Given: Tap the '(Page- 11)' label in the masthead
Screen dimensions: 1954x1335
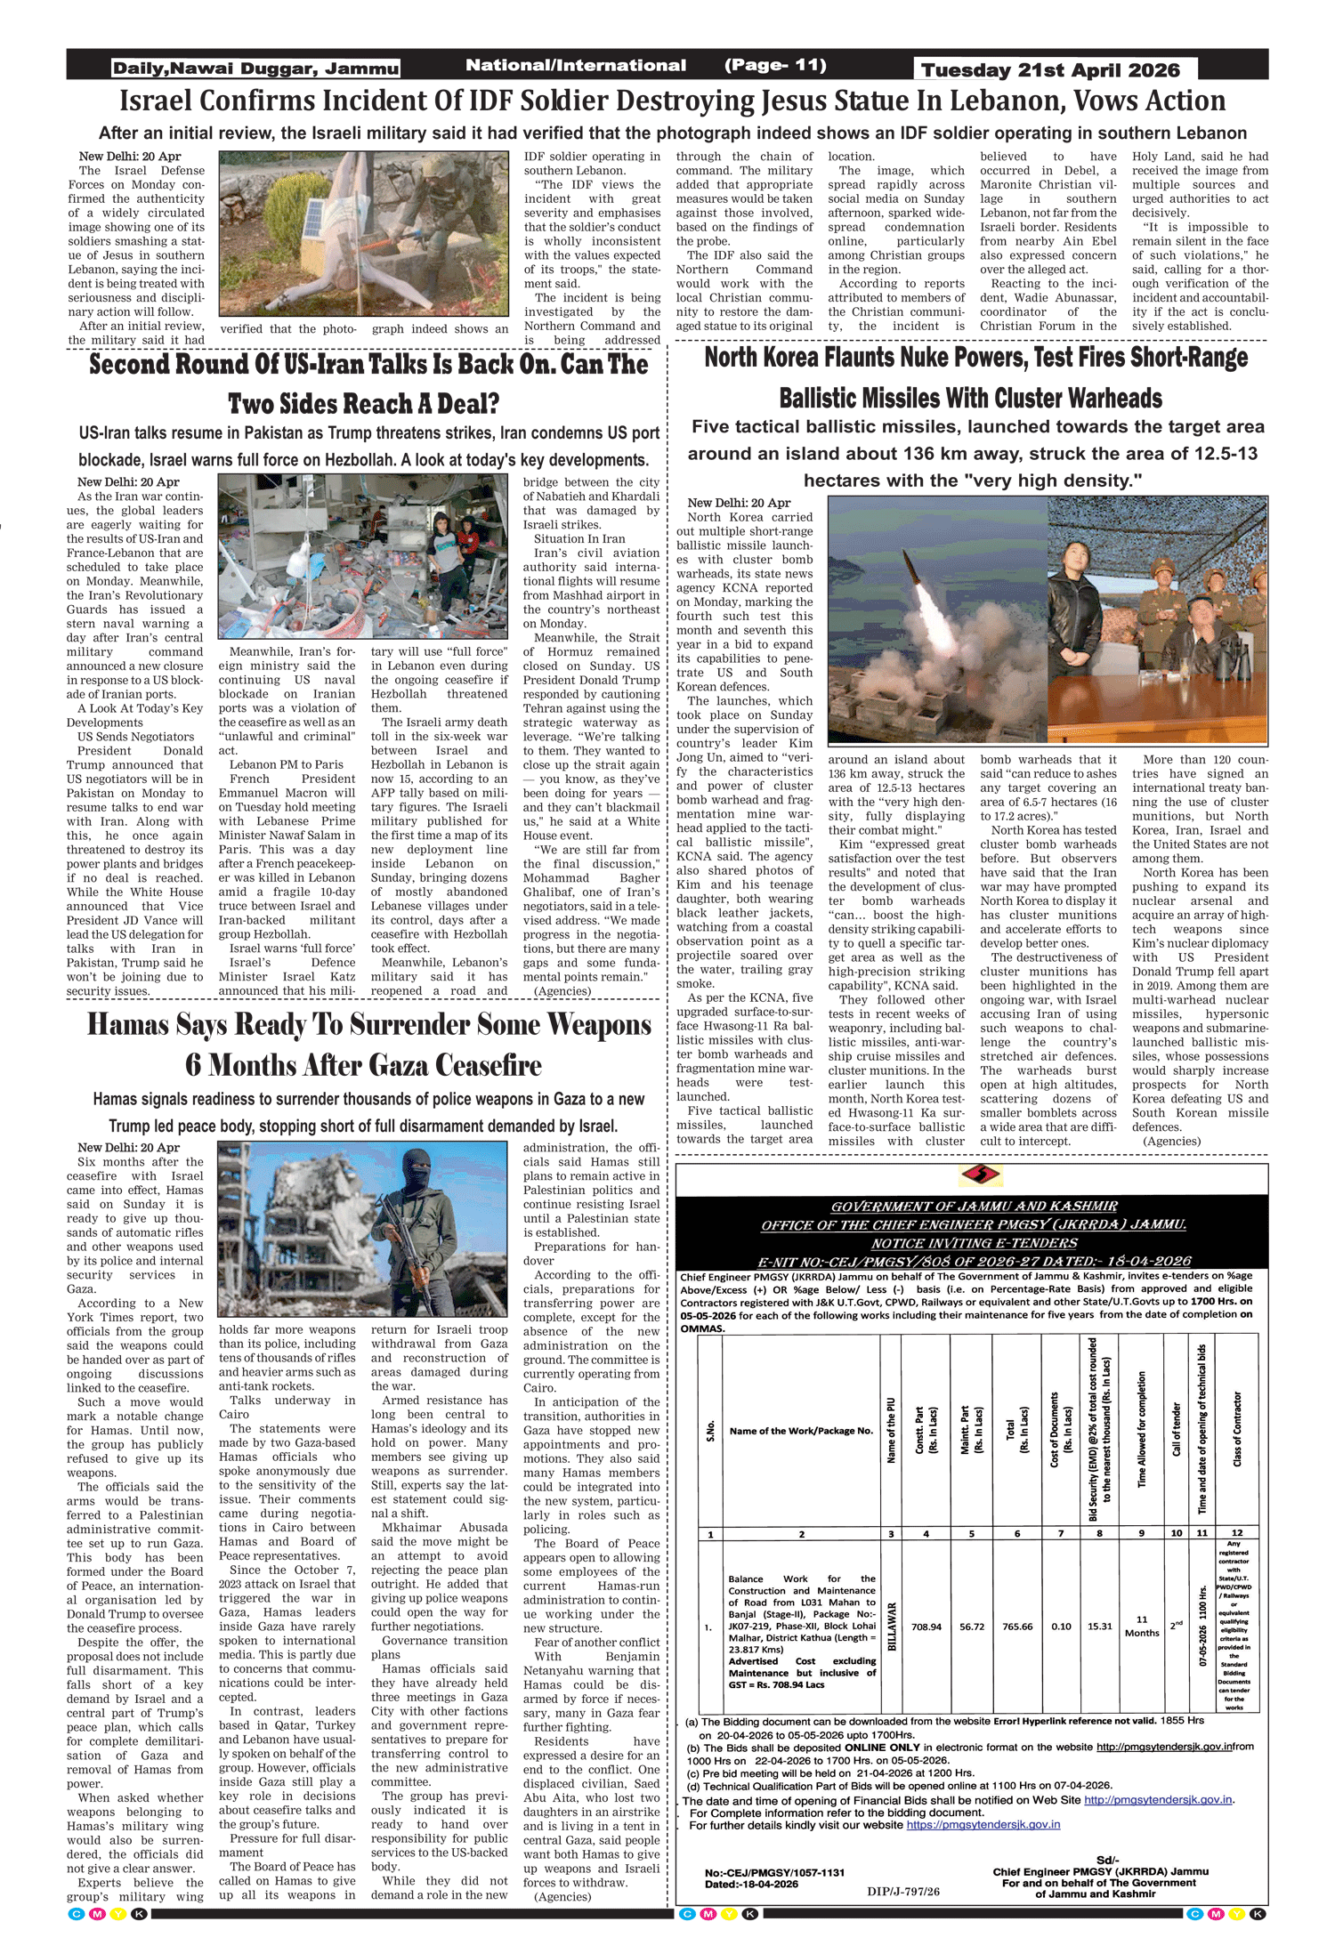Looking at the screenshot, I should click(x=774, y=65).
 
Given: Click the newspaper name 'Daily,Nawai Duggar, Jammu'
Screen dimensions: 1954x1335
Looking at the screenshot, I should click(x=255, y=69).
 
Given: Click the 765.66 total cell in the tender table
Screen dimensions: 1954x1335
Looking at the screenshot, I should click(x=1016, y=1627).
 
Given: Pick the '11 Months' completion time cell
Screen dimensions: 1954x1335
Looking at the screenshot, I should click(x=1141, y=1627).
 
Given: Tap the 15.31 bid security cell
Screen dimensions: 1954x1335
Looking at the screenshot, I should click(x=1099, y=1627).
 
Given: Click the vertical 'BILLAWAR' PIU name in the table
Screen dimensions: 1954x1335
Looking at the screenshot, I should click(x=892, y=1627).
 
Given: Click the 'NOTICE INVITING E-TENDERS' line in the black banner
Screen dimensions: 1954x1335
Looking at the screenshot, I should click(x=974, y=1243).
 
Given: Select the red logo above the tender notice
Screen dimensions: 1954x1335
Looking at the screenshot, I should click(x=980, y=1175).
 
